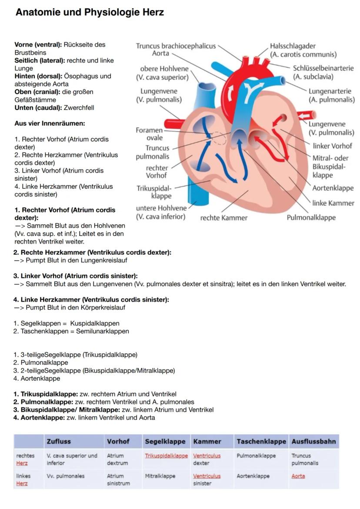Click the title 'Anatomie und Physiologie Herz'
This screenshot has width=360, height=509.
tap(90, 12)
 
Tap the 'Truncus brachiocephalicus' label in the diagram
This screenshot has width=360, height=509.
tap(176, 46)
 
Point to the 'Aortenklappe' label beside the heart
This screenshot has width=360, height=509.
tap(333, 188)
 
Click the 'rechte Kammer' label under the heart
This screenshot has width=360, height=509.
tap(223, 218)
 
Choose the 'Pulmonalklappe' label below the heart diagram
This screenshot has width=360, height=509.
tap(311, 217)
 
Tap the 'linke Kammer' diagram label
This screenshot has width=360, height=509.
tap(333, 203)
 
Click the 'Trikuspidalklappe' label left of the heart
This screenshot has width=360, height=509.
tap(154, 192)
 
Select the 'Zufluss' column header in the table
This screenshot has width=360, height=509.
tap(58, 441)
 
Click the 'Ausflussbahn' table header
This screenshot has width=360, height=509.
tap(313, 441)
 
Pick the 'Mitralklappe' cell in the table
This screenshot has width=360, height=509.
tap(160, 476)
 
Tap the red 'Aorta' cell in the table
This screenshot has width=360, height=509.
tap(298, 476)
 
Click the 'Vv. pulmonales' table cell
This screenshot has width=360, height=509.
tap(66, 476)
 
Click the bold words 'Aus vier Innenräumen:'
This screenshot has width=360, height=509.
tap(50, 123)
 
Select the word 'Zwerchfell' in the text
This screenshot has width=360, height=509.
tap(79, 108)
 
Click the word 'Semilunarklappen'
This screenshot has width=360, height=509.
tap(103, 331)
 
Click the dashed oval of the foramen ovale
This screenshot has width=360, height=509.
tap(218, 138)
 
